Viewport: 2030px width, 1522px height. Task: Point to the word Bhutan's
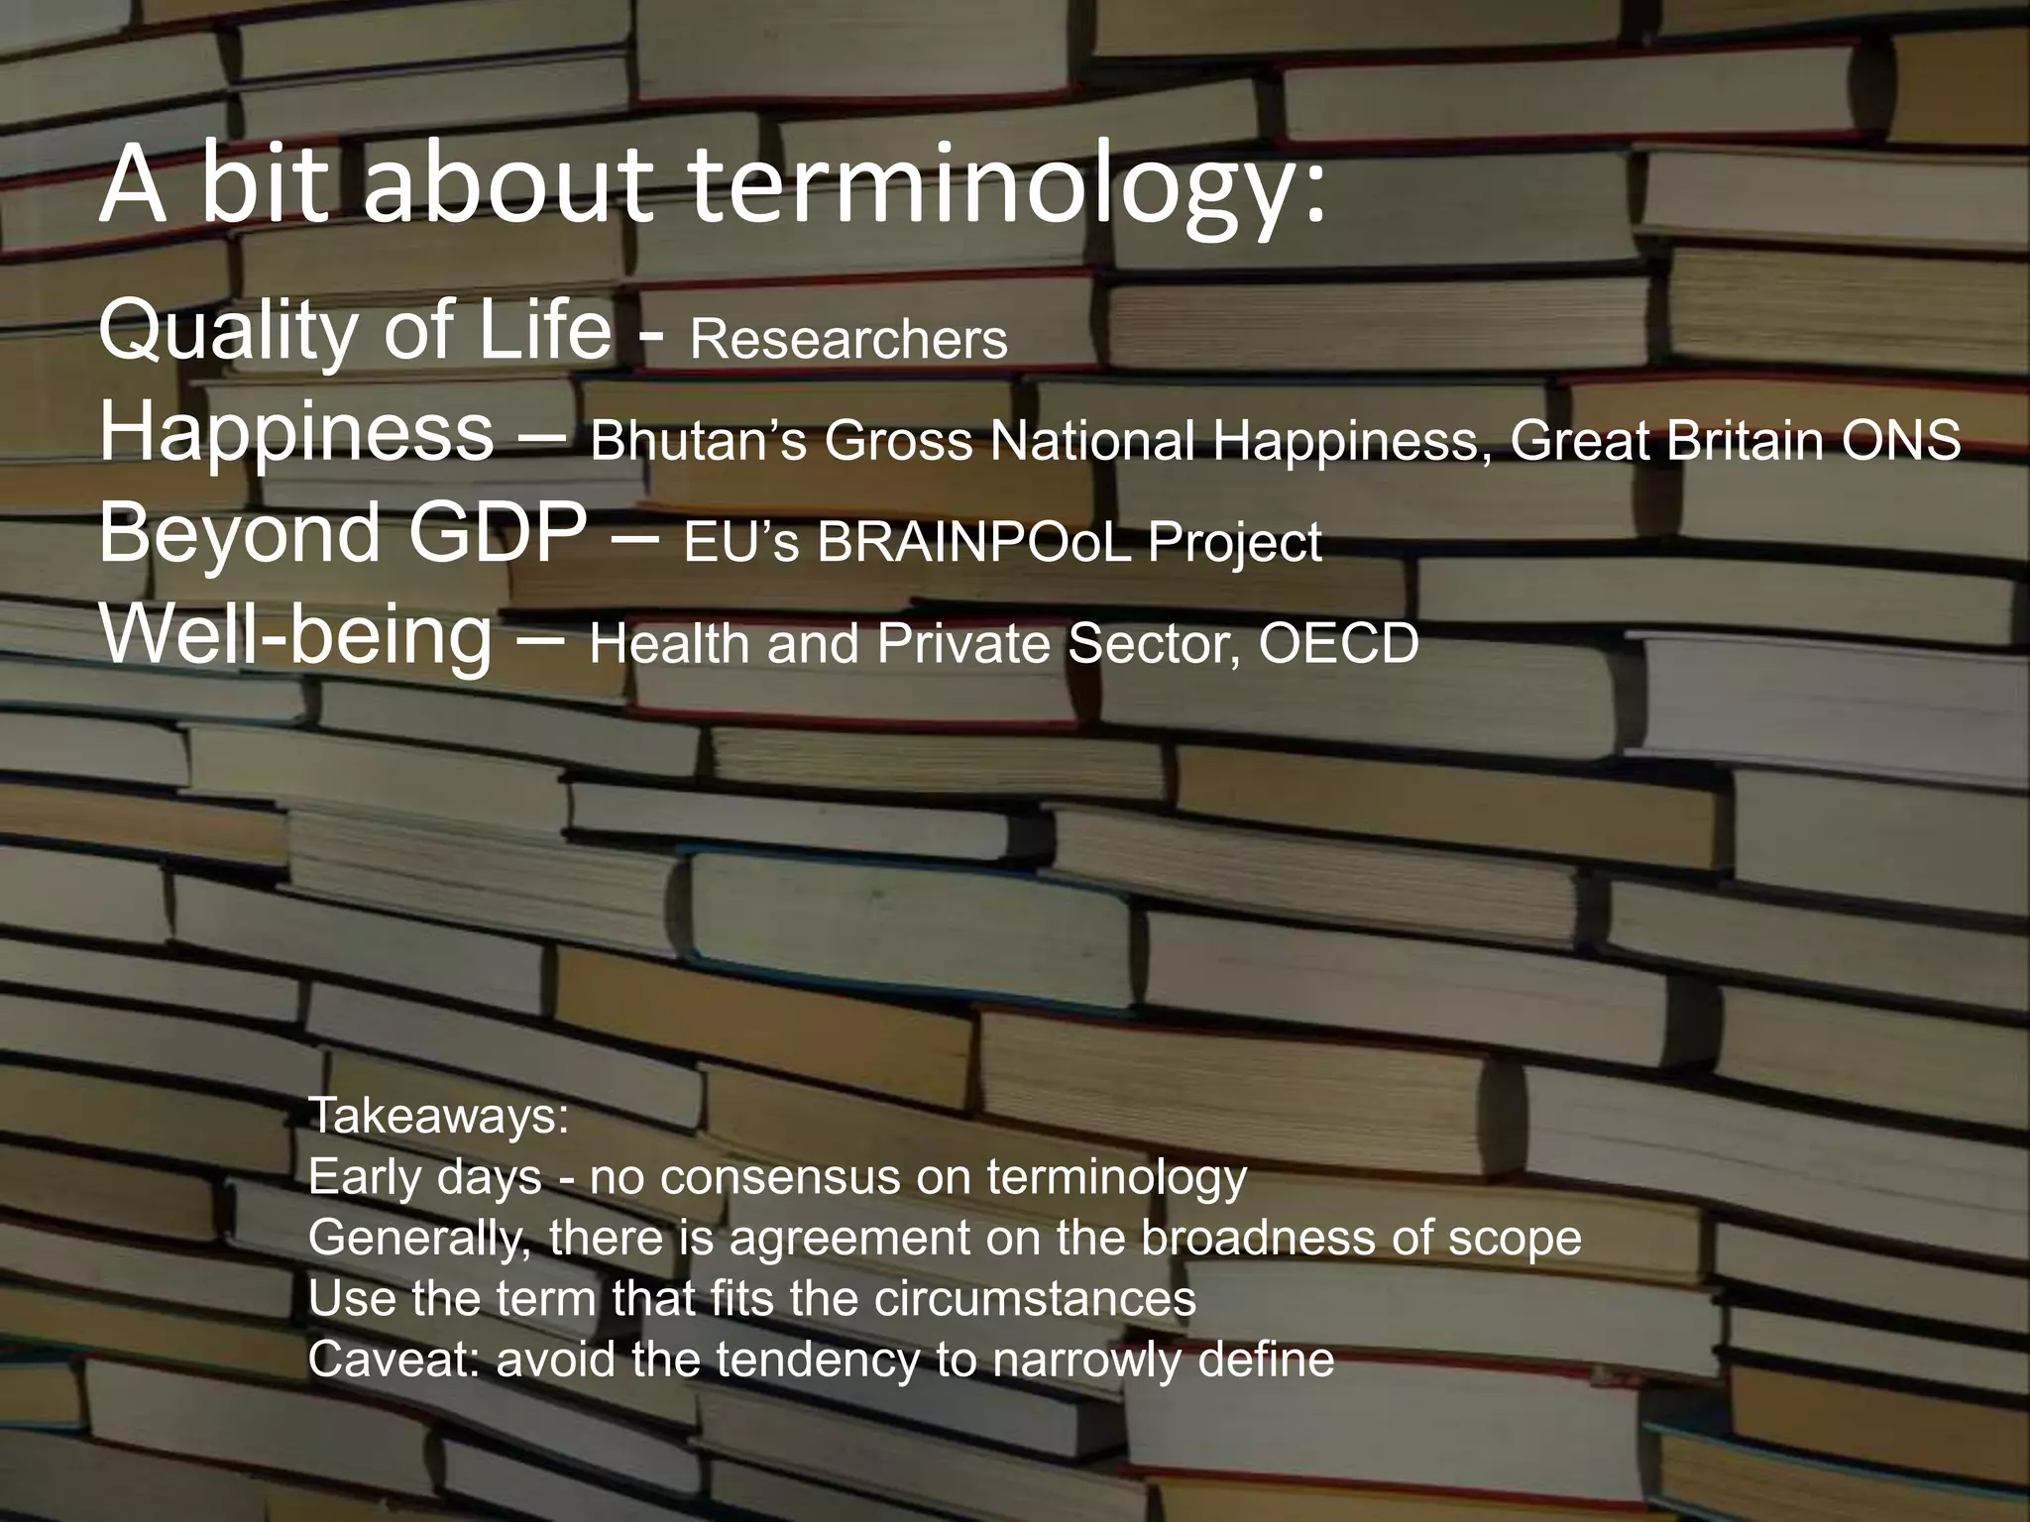point(698,440)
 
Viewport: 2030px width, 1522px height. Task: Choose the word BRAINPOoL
point(974,542)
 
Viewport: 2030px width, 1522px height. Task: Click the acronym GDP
point(497,533)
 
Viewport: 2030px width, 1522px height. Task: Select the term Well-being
point(295,635)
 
